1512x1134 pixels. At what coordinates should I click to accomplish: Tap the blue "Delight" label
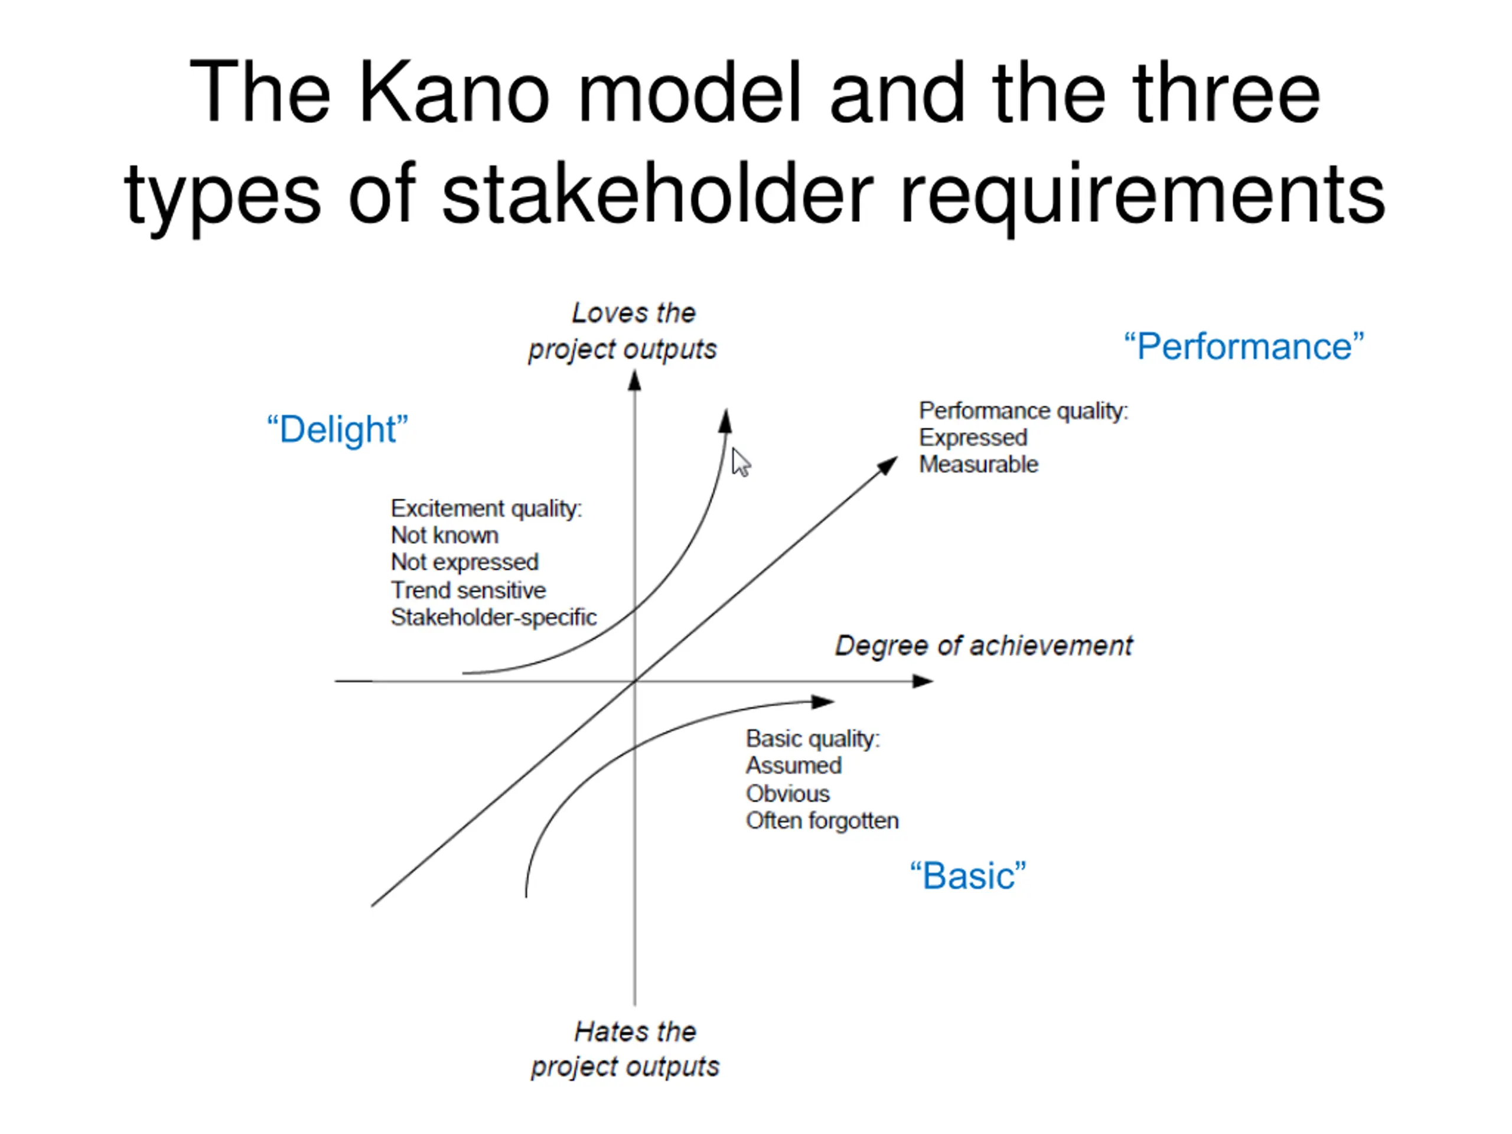point(337,429)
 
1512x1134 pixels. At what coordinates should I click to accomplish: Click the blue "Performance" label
point(1243,347)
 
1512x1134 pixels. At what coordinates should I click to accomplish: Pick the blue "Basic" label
point(968,876)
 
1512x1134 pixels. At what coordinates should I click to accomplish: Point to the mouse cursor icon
point(739,462)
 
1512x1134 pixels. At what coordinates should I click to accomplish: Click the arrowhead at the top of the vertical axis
point(635,381)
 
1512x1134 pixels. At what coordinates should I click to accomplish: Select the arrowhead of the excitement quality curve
point(726,421)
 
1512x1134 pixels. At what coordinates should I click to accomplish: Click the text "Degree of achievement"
point(983,646)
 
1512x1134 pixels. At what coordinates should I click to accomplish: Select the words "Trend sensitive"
point(468,590)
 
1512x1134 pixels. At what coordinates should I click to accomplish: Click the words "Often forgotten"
point(822,820)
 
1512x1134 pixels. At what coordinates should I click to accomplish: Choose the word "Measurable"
point(978,464)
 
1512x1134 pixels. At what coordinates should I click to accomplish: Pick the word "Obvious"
point(787,794)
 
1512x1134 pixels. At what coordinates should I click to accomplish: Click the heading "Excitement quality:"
point(486,509)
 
